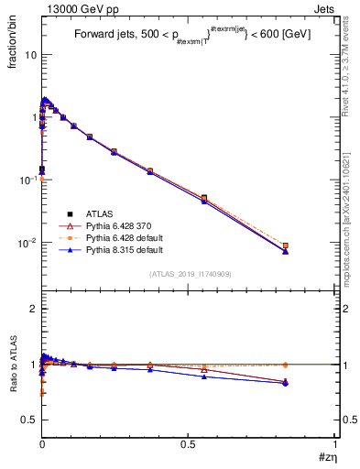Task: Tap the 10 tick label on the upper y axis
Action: [30, 55]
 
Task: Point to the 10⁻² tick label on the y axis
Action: [28, 243]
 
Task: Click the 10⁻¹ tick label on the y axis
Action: [28, 180]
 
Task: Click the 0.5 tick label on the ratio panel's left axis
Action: [30, 420]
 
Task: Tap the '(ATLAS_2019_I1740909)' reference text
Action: [189, 274]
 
